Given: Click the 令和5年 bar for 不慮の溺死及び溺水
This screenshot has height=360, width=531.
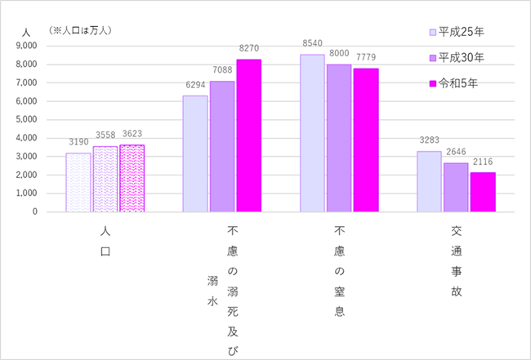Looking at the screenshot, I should (249, 136).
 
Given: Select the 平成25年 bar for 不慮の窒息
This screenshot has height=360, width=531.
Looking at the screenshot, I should (313, 133).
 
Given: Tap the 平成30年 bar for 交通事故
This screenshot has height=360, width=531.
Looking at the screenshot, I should (456, 187).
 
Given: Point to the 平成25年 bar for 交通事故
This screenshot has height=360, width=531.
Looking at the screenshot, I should (430, 181).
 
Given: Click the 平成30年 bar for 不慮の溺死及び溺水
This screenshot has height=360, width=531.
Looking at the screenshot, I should (222, 146).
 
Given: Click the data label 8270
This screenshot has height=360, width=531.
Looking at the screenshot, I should (249, 51).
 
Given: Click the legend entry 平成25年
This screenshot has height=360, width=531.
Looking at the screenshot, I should (457, 33).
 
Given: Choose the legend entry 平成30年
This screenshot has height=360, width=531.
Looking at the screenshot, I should (457, 58).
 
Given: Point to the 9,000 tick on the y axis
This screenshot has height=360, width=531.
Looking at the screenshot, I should (26, 47).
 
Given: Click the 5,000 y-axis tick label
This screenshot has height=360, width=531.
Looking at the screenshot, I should (26, 120).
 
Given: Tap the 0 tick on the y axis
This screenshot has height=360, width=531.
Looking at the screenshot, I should (35, 212).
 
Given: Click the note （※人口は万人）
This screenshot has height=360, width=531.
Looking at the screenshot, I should (80, 30).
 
